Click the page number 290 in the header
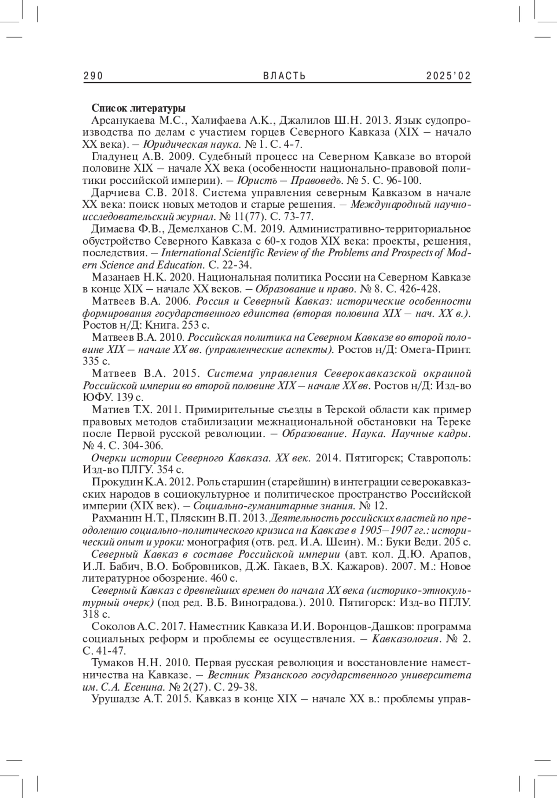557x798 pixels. [93, 76]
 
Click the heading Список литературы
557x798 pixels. [139, 109]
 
